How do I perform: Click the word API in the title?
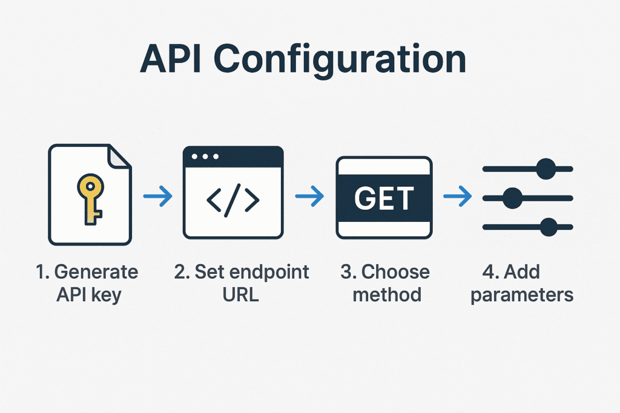pyautogui.click(x=170, y=59)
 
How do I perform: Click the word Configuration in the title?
pyautogui.click(x=340, y=60)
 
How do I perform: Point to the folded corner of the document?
pyautogui.click(x=119, y=157)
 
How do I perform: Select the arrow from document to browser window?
pyautogui.click(x=158, y=196)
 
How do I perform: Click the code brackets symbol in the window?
pyautogui.click(x=233, y=200)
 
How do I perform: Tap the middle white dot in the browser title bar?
pyautogui.click(x=205, y=157)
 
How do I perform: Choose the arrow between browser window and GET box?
pyautogui.click(x=309, y=197)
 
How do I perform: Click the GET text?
pyautogui.click(x=384, y=198)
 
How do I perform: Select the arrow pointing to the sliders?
pyautogui.click(x=458, y=196)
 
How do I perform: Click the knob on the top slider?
pyautogui.click(x=546, y=169)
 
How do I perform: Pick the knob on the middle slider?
pyautogui.click(x=512, y=198)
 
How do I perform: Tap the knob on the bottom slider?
pyautogui.click(x=549, y=227)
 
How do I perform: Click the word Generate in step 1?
pyautogui.click(x=96, y=272)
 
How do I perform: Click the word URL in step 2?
pyautogui.click(x=240, y=294)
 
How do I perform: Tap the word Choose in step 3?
pyautogui.click(x=395, y=272)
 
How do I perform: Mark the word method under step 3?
pyautogui.click(x=387, y=295)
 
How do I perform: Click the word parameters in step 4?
pyautogui.click(x=522, y=296)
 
